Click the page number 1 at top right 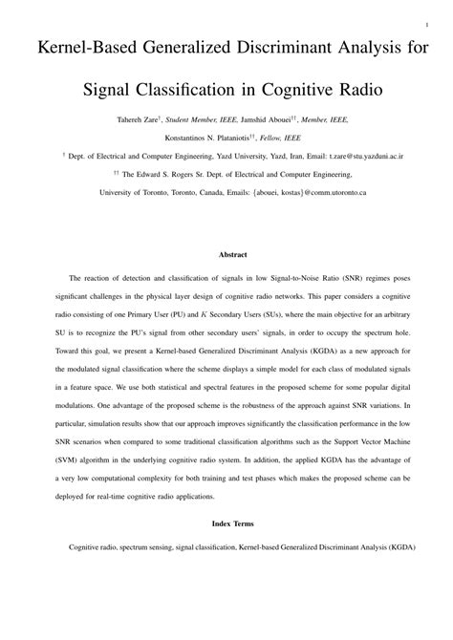[436, 13]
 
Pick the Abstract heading [233, 255]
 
